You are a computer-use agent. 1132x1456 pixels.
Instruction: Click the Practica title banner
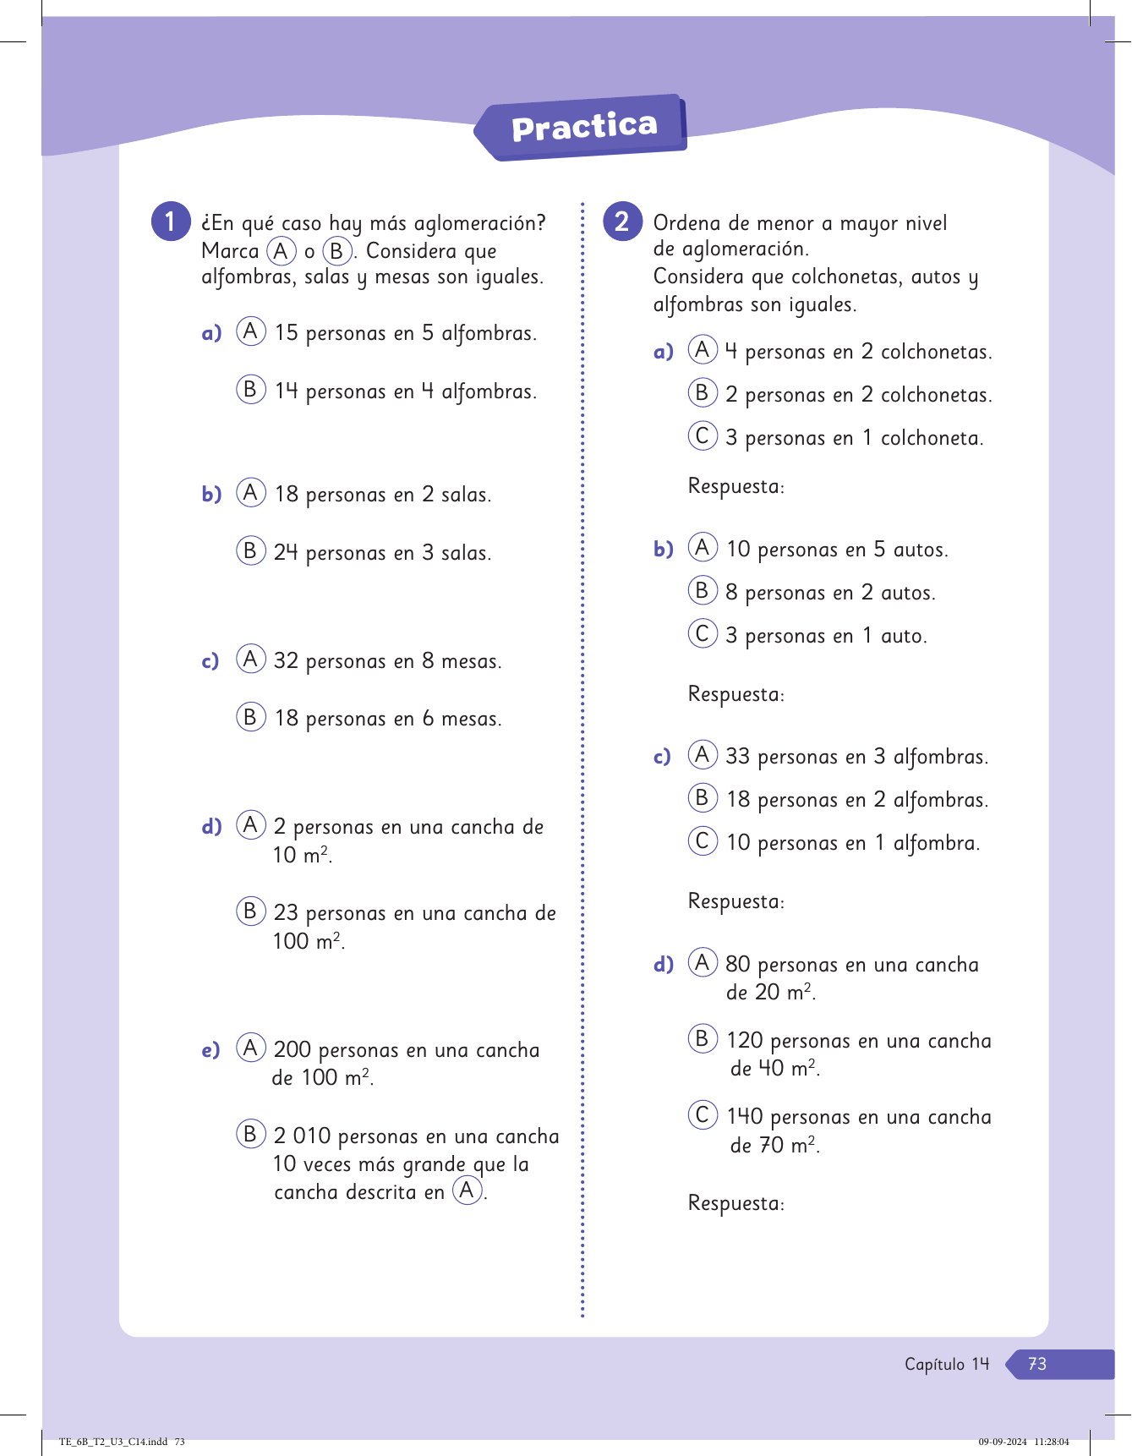[583, 127]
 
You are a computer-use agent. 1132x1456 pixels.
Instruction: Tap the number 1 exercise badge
[171, 222]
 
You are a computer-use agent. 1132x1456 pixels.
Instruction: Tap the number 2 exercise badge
[622, 222]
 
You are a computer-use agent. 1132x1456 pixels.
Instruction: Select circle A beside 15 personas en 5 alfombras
[250, 331]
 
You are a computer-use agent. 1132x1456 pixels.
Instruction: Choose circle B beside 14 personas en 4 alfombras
[250, 389]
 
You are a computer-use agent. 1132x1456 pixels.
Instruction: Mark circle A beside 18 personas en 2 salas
[250, 492]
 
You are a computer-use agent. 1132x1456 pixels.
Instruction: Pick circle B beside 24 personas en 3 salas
[250, 550]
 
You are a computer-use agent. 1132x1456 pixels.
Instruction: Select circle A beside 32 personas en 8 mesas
[250, 659]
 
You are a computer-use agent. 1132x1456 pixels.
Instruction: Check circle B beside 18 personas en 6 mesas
[250, 717]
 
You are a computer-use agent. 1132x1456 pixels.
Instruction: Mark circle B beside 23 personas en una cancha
[250, 911]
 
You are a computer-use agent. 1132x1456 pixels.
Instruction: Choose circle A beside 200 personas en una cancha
[250, 1048]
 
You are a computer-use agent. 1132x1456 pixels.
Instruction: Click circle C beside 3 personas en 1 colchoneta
[702, 435]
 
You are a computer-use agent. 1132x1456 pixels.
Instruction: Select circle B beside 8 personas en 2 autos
[702, 590]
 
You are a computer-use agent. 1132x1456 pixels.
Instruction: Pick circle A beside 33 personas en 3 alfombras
[702, 754]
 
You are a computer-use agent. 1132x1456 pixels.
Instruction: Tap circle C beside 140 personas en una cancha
[702, 1114]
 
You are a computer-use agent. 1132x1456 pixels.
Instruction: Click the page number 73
[1037, 1364]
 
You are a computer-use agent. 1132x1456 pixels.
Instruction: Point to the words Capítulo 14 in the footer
[946, 1364]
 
